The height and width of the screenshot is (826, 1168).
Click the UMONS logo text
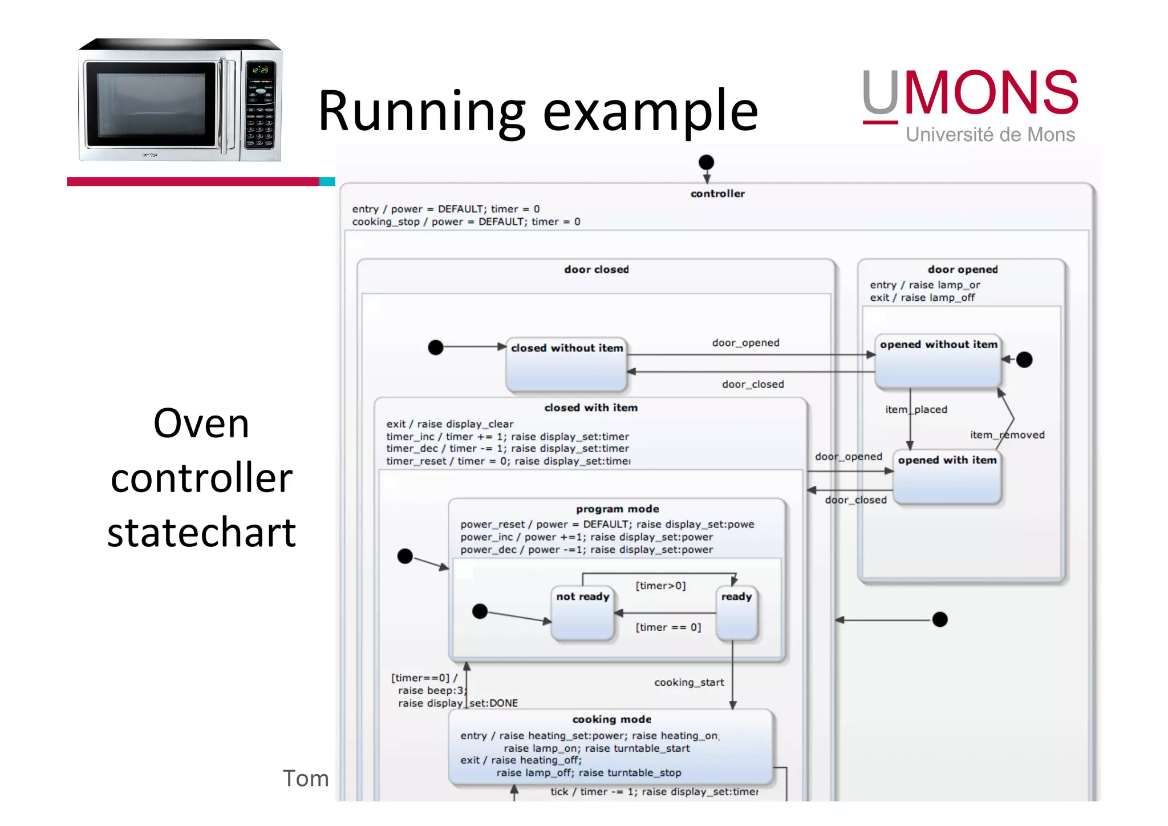(970, 94)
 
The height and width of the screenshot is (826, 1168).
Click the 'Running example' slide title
(537, 111)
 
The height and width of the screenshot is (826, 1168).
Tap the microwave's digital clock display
(260, 70)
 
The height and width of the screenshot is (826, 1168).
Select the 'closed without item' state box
(566, 365)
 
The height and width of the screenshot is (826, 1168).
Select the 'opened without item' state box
(938, 362)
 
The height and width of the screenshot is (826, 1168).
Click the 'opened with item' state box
(947, 477)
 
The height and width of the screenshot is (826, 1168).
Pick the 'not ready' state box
(583, 613)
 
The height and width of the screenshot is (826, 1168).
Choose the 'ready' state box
(736, 613)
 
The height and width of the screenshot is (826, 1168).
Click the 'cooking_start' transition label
(689, 682)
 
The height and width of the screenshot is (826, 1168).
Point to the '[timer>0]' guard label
(660, 586)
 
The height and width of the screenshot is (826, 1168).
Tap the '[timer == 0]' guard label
(668, 627)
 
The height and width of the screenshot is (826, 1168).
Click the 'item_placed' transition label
(916, 409)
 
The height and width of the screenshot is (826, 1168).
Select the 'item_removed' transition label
(1007, 435)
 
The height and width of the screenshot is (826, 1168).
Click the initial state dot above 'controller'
(706, 162)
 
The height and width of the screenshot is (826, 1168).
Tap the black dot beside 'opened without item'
(1024, 360)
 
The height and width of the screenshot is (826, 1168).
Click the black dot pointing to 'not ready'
(480, 611)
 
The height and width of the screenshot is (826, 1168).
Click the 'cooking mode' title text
(611, 719)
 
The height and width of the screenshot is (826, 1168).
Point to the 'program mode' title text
(617, 509)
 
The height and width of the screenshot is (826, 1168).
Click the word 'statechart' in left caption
(201, 532)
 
